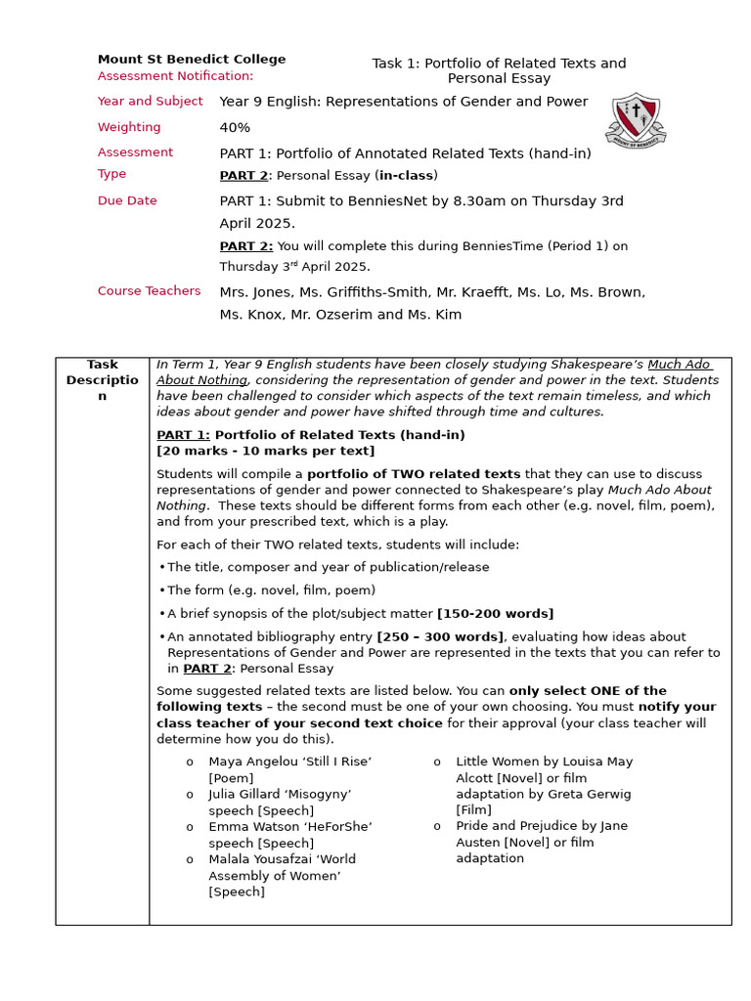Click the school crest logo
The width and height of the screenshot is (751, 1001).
[637, 121]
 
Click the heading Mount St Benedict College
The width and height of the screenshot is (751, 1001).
[192, 59]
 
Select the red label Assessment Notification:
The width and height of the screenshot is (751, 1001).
[175, 76]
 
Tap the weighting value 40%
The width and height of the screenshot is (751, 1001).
[235, 127]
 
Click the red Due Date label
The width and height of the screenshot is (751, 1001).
[127, 200]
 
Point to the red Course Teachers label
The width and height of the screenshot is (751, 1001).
[149, 290]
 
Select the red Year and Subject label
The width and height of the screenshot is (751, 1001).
[150, 101]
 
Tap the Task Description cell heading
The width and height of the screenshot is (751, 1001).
[102, 380]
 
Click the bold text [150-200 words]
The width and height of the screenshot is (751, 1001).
[495, 614]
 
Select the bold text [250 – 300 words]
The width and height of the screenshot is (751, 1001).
[440, 636]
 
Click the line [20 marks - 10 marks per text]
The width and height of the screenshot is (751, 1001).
[265, 451]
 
